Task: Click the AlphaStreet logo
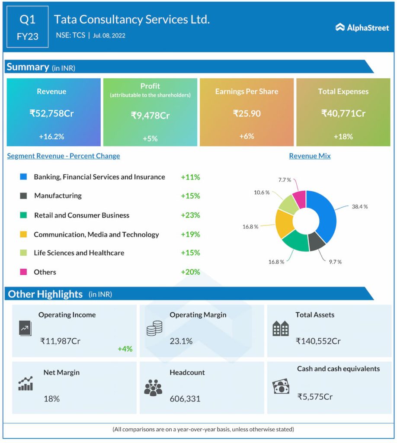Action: [x=362, y=28]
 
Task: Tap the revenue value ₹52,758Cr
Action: [x=51, y=114]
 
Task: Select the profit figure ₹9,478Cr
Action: [x=150, y=116]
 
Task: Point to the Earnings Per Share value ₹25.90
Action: [x=247, y=114]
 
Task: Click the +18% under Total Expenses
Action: [x=343, y=137]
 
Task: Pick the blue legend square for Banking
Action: [x=24, y=177]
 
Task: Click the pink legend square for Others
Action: [x=24, y=272]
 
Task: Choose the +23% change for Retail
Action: [x=190, y=215]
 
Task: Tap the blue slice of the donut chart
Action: [x=324, y=212]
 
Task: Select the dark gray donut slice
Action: [x=317, y=243]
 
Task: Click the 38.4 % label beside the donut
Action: [x=359, y=207]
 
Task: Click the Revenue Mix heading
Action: [x=310, y=156]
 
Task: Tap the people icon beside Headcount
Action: [x=153, y=388]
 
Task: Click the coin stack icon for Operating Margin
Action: [x=154, y=329]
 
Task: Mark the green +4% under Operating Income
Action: [x=125, y=349]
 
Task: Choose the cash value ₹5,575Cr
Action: [x=314, y=396]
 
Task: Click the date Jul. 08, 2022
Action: [x=109, y=35]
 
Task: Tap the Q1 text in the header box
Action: [x=27, y=19]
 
